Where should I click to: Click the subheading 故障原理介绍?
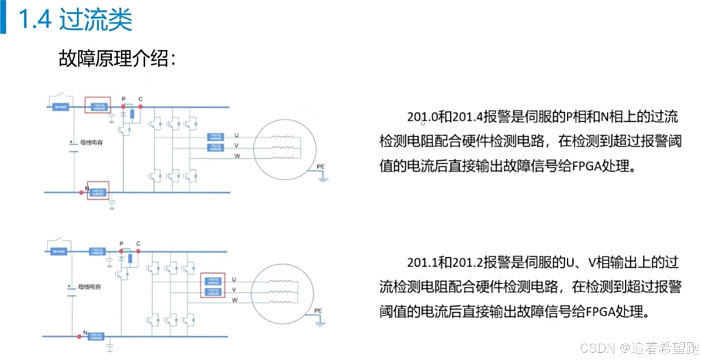point(117,59)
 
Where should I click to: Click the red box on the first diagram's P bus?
point(97,105)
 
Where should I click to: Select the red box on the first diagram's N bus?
point(98,191)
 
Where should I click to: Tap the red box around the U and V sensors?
point(213,285)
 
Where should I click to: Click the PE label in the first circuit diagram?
point(321,167)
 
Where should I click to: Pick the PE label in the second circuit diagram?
point(318,311)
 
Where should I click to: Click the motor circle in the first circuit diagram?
point(285,149)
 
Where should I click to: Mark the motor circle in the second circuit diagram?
point(282,293)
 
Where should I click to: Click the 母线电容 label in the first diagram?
point(91,143)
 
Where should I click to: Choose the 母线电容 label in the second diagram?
point(90,287)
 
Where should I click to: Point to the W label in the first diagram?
point(237,156)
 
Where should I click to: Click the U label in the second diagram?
point(234,279)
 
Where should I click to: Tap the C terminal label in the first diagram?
point(140,99)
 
